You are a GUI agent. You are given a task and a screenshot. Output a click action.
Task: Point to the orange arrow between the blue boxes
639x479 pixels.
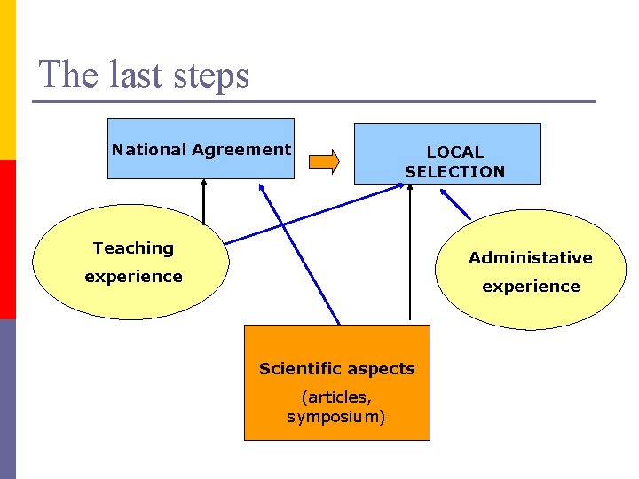(324, 161)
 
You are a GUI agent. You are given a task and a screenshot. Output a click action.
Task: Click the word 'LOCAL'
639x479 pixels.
(454, 153)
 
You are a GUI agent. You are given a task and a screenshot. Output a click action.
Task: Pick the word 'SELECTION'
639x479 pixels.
(454, 172)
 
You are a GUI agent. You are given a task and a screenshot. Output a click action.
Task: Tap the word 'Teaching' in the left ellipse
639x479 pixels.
(133, 248)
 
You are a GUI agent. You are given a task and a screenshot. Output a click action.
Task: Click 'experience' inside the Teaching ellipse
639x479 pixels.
(133, 276)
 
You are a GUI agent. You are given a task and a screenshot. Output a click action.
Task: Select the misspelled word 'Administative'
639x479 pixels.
(531, 258)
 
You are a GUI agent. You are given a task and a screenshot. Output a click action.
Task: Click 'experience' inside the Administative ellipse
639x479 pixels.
(531, 287)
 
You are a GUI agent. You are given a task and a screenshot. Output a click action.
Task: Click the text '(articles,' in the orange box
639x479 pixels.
(336, 398)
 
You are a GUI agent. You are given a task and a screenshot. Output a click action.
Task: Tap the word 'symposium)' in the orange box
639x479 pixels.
(336, 417)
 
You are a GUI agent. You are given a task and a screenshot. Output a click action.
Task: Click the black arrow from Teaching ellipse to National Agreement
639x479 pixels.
(203, 200)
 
